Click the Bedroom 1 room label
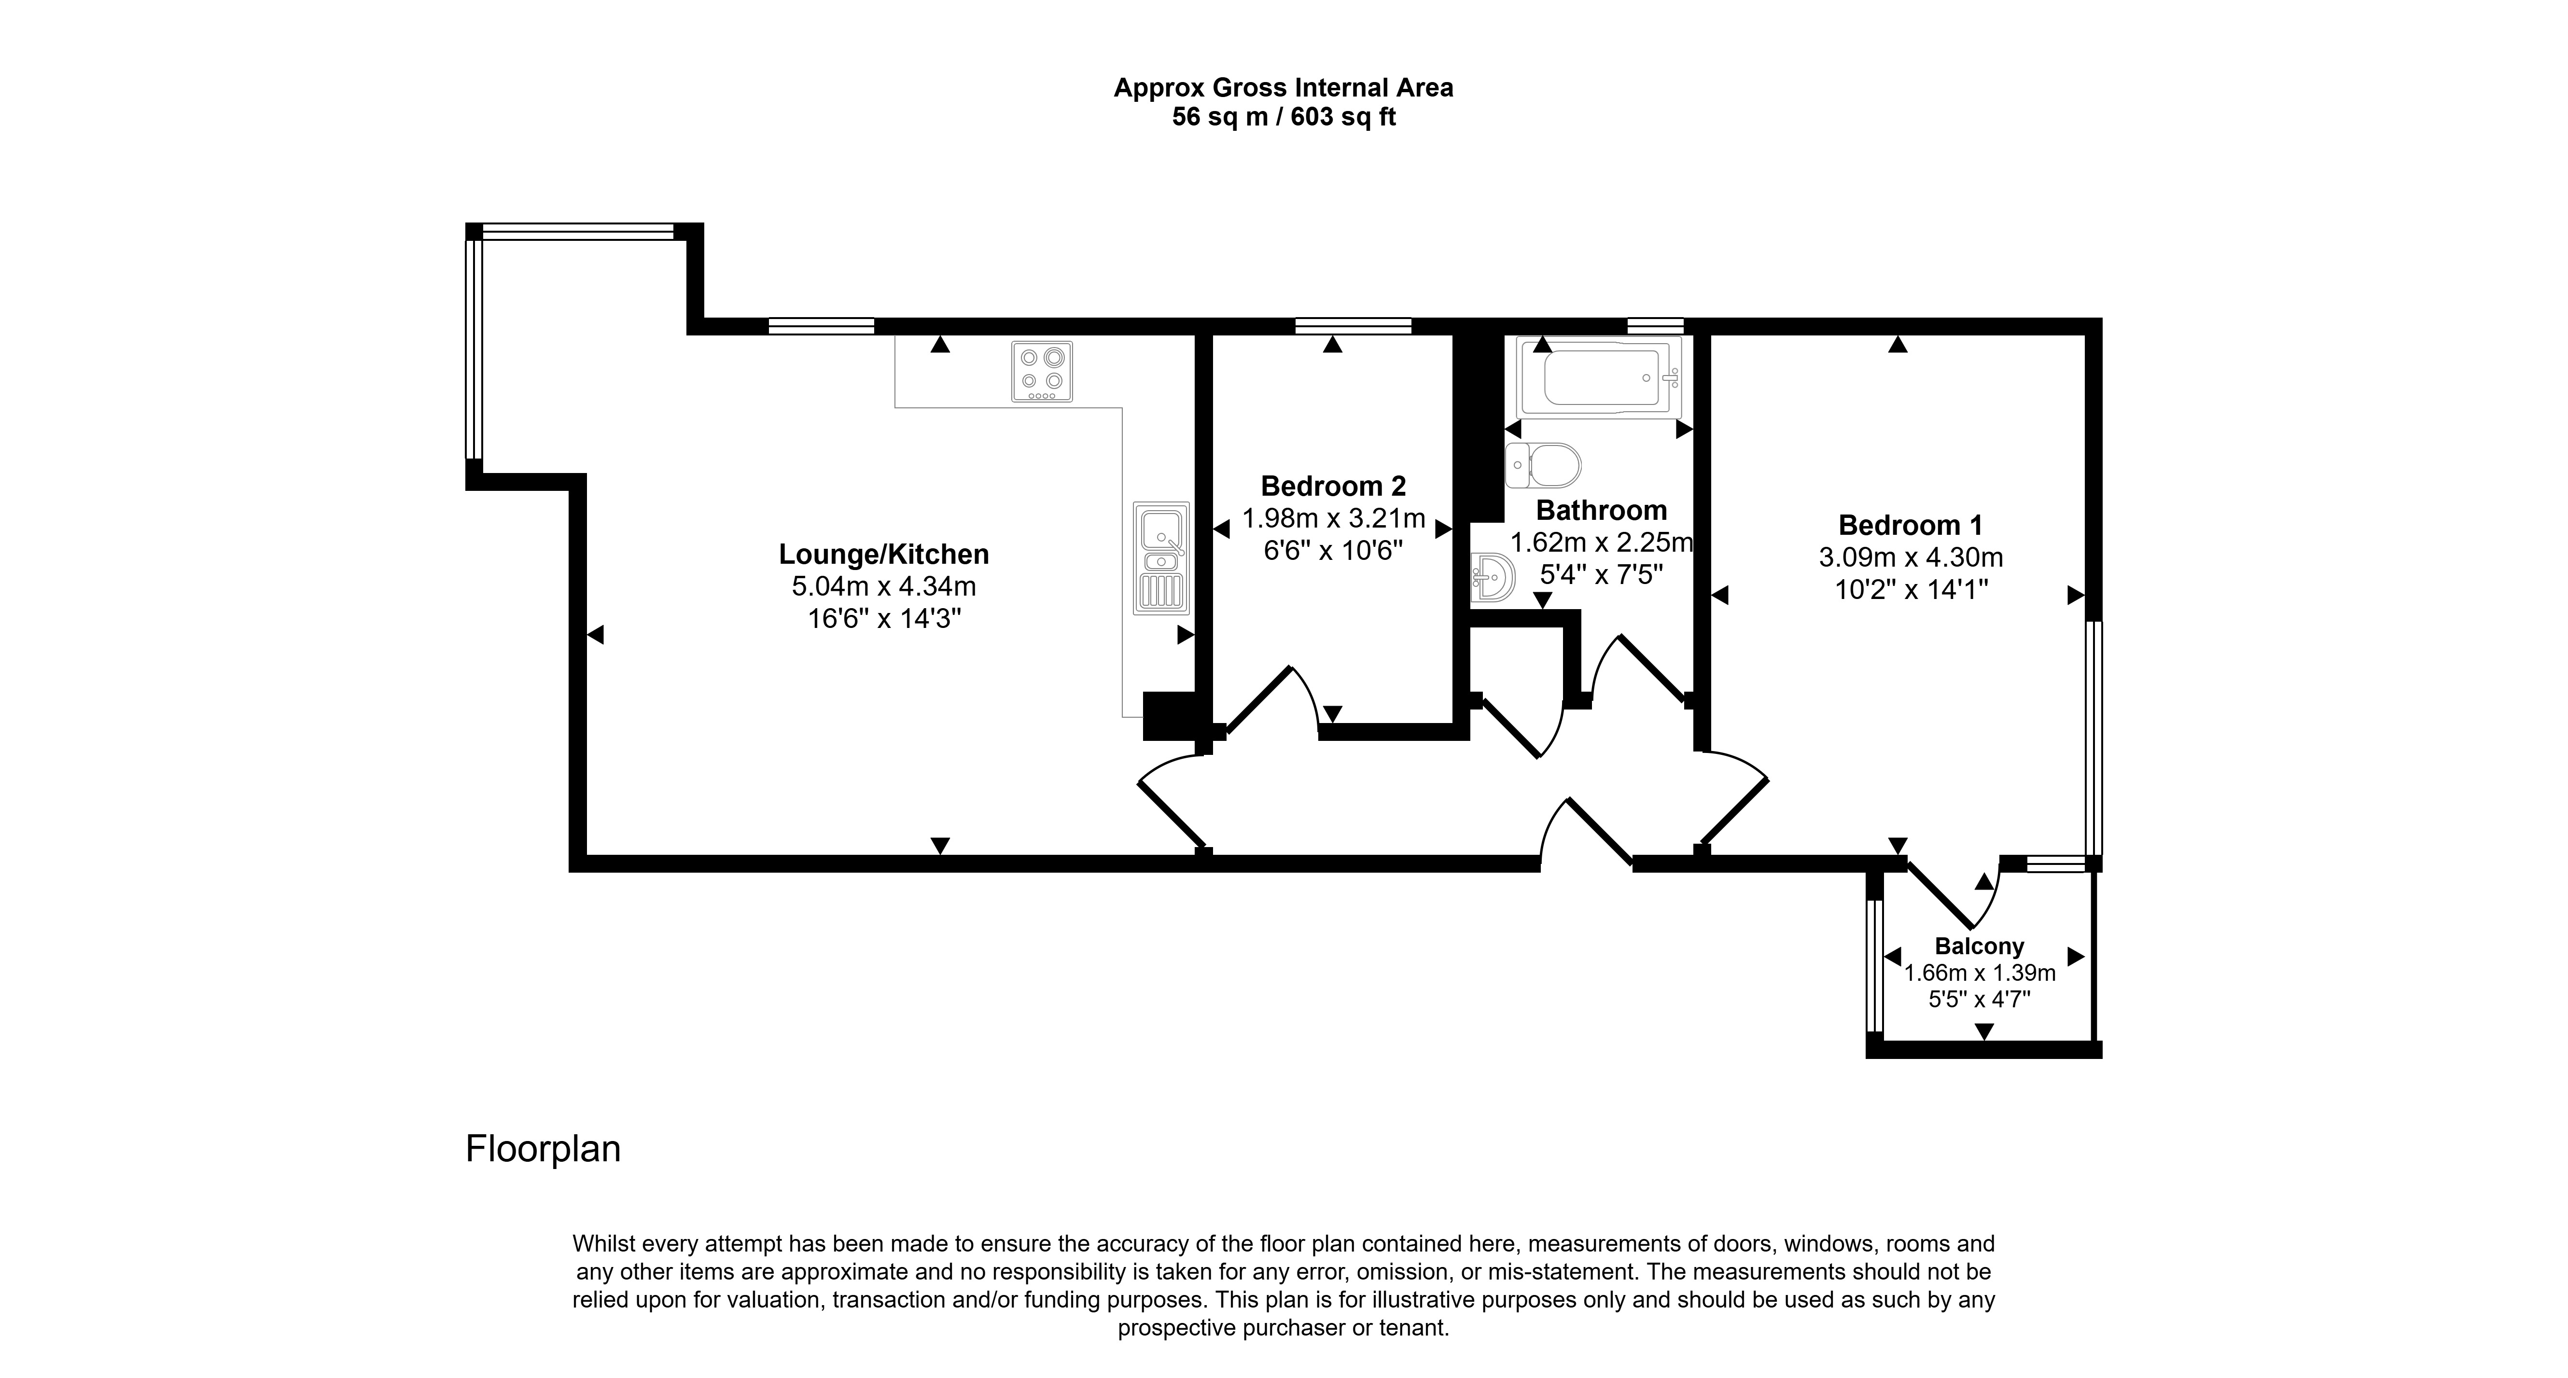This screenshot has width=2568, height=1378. tap(1910, 526)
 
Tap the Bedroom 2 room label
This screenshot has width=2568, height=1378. tap(1333, 487)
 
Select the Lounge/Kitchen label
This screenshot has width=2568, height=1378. tap(883, 555)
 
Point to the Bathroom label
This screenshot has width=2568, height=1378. tap(1601, 511)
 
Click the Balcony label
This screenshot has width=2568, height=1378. tap(1979, 946)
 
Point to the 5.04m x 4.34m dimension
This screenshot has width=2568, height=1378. tap(883, 586)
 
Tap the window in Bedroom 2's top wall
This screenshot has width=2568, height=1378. tap(1353, 325)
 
